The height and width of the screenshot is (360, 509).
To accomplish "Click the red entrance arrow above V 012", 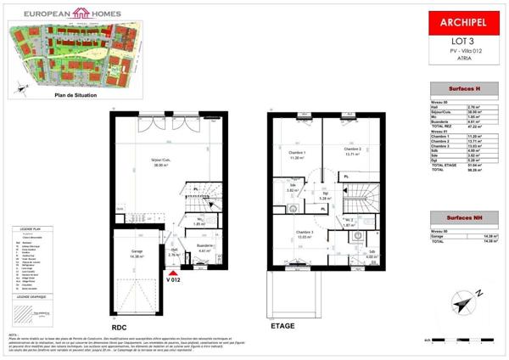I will [174, 269].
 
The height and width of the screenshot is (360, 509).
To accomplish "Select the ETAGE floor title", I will [282, 325].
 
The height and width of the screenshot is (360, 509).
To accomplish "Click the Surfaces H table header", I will [460, 88].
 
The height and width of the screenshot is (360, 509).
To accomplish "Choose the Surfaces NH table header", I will [460, 219].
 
